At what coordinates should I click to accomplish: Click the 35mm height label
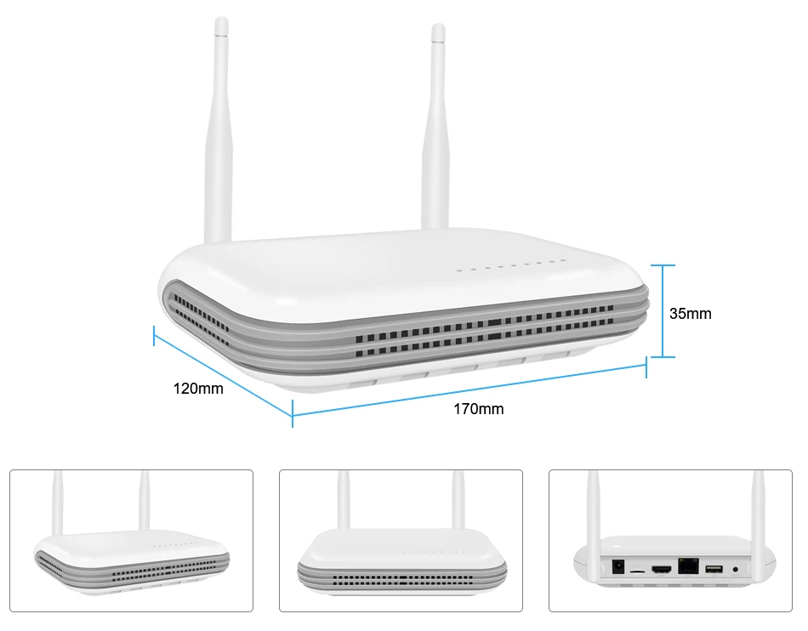pyautogui.click(x=690, y=314)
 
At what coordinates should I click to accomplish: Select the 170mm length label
pyautogui.click(x=478, y=409)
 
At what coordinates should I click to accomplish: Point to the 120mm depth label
pyautogui.click(x=198, y=389)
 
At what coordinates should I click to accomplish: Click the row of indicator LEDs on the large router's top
pyautogui.click(x=510, y=266)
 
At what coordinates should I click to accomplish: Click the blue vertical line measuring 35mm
pyautogui.click(x=663, y=311)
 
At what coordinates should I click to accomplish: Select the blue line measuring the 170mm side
pyautogui.click(x=469, y=391)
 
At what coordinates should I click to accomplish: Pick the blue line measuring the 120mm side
pyautogui.click(x=223, y=372)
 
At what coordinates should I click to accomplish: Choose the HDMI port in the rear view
pyautogui.click(x=661, y=568)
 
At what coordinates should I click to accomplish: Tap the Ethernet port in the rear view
pyautogui.click(x=686, y=566)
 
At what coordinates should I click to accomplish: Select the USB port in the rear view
pyautogui.click(x=712, y=567)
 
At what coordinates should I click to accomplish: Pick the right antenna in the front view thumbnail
pyautogui.click(x=458, y=502)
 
